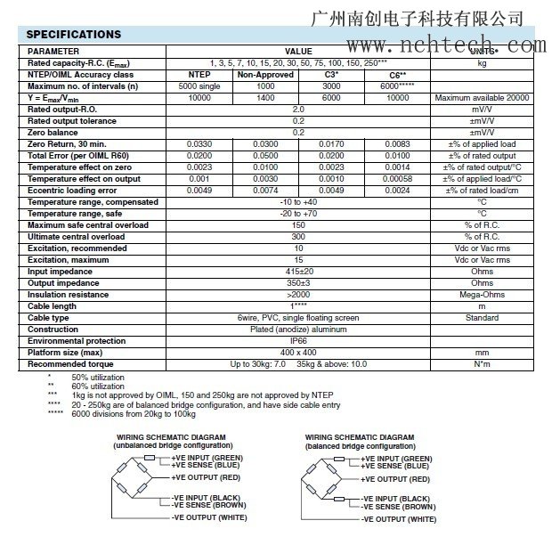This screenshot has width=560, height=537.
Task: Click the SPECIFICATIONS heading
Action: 73,35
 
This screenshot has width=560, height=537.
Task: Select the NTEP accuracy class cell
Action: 200,75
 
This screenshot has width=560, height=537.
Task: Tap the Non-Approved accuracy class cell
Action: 265,75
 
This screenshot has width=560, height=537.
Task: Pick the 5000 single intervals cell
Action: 200,86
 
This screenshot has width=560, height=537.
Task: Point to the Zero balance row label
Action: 56,132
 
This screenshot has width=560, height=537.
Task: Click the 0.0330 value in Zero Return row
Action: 200,143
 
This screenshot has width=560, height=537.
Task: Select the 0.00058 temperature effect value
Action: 397,178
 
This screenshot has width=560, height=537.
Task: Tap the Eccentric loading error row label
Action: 72,190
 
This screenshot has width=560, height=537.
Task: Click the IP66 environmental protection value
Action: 298,341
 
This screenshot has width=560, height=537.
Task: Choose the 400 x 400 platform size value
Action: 298,353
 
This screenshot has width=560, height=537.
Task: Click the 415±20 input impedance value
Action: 298,272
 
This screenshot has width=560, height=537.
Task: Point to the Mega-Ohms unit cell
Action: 482,295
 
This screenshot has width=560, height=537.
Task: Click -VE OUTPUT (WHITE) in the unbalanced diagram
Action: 209,517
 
